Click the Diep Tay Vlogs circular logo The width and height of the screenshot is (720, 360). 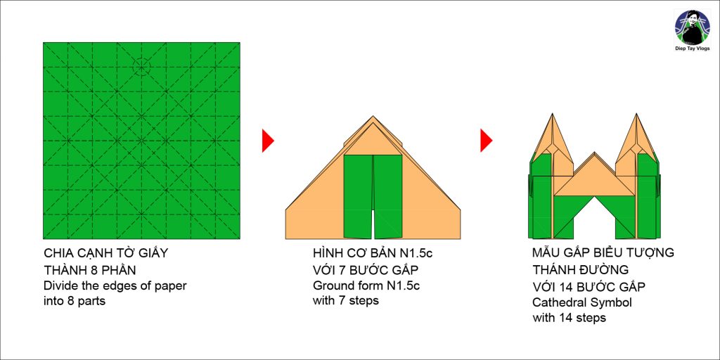click(x=692, y=27)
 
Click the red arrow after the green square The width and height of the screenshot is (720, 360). click(x=268, y=141)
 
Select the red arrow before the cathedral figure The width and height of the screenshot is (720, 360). click(x=487, y=141)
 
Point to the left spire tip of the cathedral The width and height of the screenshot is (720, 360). click(x=547, y=113)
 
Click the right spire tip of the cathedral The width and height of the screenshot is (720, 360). click(x=636, y=113)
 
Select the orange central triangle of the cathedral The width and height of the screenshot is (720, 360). click(x=594, y=181)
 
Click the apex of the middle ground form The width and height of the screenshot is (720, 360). click(x=373, y=116)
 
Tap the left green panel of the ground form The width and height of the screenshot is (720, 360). click(x=358, y=197)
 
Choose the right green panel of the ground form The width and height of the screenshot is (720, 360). click(x=388, y=197)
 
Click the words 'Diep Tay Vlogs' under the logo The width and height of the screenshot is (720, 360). click(x=693, y=49)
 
